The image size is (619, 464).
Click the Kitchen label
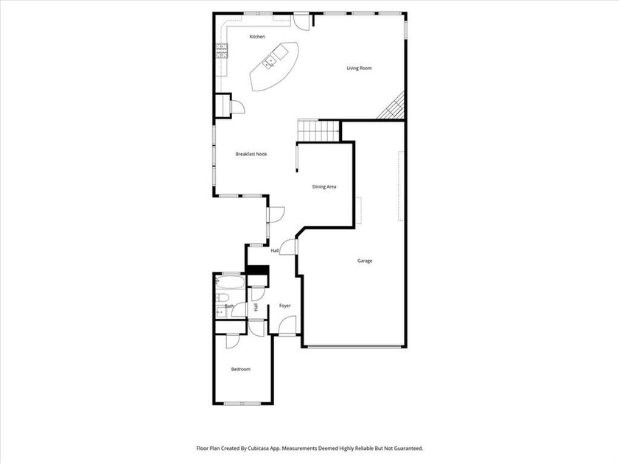click(x=257, y=37)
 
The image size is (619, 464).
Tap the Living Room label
click(x=359, y=68)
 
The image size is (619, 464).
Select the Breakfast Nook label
click(x=251, y=154)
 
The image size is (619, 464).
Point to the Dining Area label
click(x=324, y=187)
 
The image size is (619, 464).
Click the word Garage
click(x=364, y=261)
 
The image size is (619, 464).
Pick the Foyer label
click(x=284, y=306)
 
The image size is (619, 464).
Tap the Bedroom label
click(x=240, y=369)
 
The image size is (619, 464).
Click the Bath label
click(x=229, y=306)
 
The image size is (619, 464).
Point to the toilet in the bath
click(x=222, y=298)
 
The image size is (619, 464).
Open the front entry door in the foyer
click(x=287, y=326)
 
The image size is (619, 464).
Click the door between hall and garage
click(x=289, y=246)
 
